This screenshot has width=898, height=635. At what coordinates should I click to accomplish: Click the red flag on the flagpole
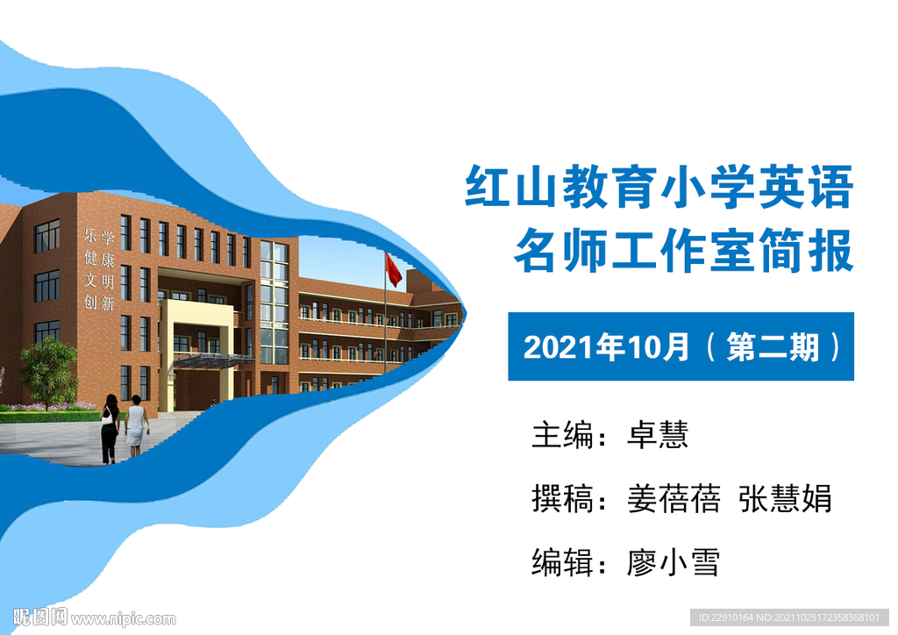tap(393, 270)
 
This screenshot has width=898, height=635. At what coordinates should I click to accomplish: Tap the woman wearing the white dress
tap(136, 425)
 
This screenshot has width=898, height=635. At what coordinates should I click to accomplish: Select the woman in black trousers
tap(110, 428)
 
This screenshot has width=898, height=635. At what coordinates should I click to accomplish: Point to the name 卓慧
tap(658, 435)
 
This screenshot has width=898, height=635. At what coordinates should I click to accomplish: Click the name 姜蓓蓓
tap(673, 499)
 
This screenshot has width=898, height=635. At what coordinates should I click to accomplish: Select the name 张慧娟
tap(785, 499)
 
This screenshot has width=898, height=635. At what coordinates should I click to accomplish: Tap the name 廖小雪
tap(673, 562)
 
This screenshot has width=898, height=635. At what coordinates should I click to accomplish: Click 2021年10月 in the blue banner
tap(606, 347)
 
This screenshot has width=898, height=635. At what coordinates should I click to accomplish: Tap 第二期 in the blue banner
tap(773, 347)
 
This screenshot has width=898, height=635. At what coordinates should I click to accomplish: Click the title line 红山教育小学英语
tap(659, 187)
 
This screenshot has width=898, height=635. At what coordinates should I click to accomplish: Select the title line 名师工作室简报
tap(684, 250)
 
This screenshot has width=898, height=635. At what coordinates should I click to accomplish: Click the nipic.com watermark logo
tap(95, 617)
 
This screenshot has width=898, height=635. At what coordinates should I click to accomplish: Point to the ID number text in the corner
tap(788, 617)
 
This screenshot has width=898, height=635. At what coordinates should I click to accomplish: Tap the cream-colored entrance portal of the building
tap(197, 355)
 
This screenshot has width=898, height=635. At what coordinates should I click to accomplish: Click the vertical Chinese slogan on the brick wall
tap(99, 269)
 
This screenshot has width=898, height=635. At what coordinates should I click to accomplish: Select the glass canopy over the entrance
tap(213, 360)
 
